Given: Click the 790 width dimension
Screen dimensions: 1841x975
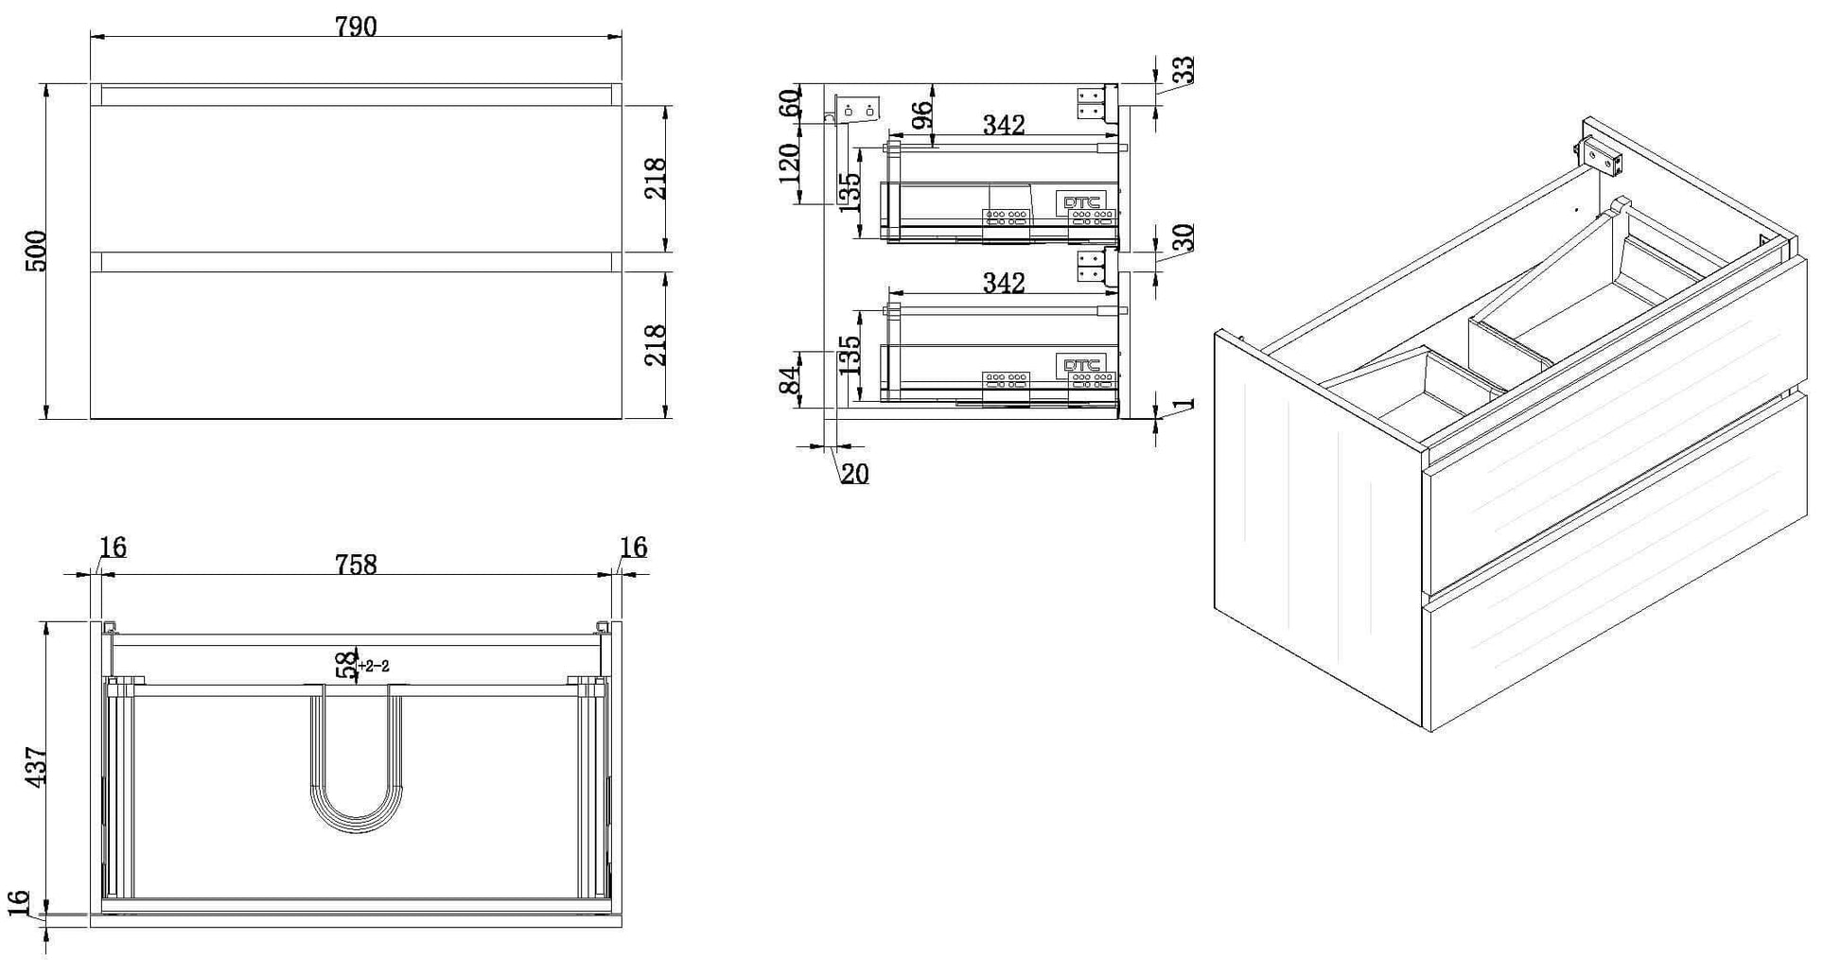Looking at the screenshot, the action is point(356,26).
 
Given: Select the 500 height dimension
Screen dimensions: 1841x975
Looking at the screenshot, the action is point(35,251).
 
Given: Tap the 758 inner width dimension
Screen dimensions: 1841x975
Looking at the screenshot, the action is point(356,565).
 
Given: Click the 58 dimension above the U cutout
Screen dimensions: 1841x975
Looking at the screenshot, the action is point(347,665).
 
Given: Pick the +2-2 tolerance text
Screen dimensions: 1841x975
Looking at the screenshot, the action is point(375,666).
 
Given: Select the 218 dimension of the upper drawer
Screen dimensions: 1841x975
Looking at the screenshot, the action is point(655,178).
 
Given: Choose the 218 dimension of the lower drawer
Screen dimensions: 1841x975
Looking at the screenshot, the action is point(655,344).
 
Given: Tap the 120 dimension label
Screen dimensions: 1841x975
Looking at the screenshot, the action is point(788,163).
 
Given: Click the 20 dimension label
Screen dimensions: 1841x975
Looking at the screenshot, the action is point(854,474).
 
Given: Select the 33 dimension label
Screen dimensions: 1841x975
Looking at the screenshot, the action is point(1183,70).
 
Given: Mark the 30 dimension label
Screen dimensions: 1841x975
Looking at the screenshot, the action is point(1183,236).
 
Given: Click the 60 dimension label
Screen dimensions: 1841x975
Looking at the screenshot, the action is point(789,101).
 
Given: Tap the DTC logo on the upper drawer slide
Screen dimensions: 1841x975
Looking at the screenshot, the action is point(1081,202).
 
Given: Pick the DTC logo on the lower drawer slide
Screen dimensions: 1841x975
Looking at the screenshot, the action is point(1081,365).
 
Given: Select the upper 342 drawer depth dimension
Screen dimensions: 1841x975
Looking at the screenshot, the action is point(1004,125).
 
